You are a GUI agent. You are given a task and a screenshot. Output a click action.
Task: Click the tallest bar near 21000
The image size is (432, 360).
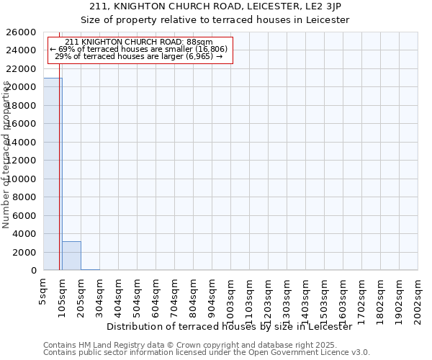(53, 174)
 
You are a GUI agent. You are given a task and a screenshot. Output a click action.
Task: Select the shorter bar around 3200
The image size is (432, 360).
(71, 256)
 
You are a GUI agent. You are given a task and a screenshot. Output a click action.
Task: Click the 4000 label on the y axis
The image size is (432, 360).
(24, 234)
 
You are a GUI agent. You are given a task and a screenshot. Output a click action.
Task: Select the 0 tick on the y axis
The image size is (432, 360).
(34, 271)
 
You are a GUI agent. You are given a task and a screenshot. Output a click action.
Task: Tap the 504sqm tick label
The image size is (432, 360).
(138, 294)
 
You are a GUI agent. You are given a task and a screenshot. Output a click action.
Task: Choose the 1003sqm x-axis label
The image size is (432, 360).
(231, 297)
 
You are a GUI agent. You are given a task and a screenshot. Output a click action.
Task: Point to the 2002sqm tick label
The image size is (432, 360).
(418, 297)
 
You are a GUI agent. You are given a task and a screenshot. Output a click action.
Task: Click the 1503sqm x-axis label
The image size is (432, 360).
(325, 297)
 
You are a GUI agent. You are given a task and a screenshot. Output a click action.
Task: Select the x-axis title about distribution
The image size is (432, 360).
(234, 326)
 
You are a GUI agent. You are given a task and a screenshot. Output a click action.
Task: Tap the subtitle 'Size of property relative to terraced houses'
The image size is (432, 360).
(215, 20)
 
